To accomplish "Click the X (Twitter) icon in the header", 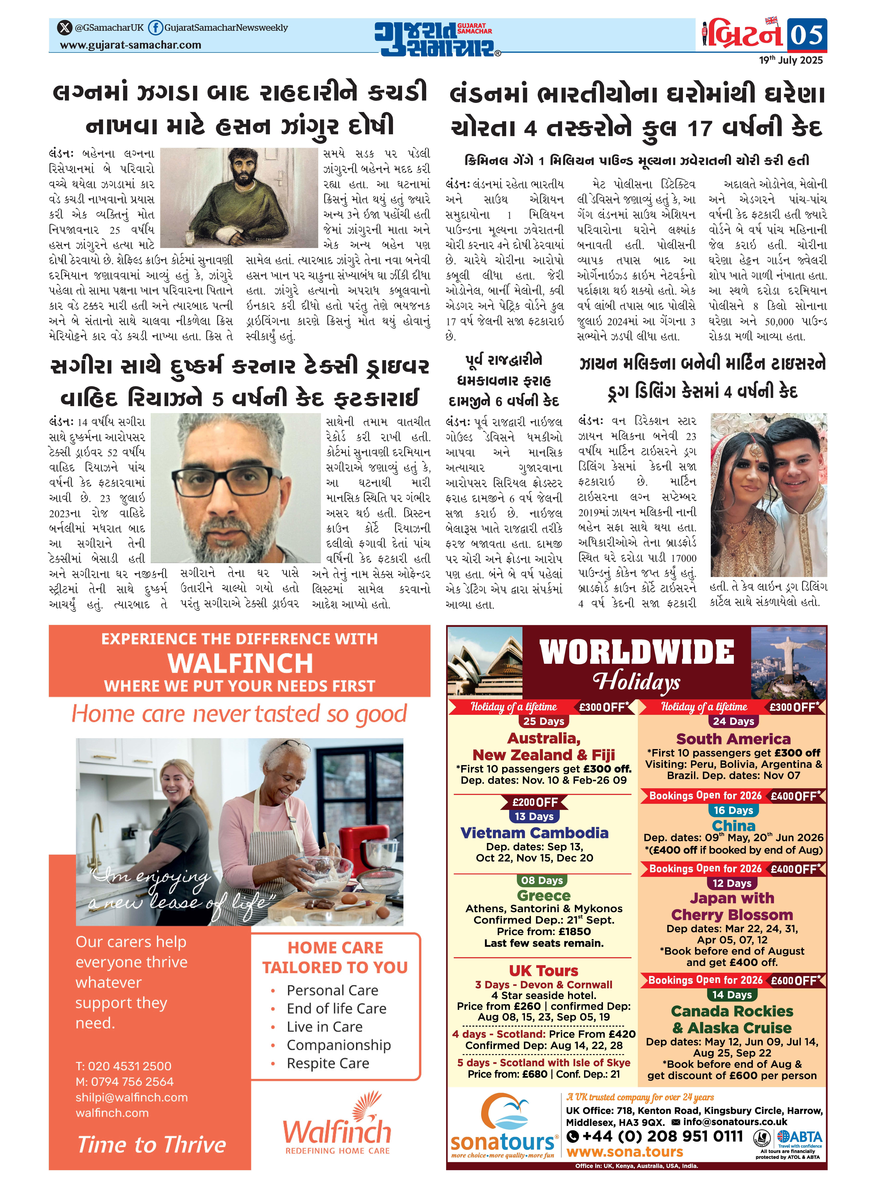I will (65, 28).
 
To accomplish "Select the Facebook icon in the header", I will (155, 28).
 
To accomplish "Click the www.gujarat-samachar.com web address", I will (131, 45).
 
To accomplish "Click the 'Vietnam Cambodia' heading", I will (534, 833).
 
